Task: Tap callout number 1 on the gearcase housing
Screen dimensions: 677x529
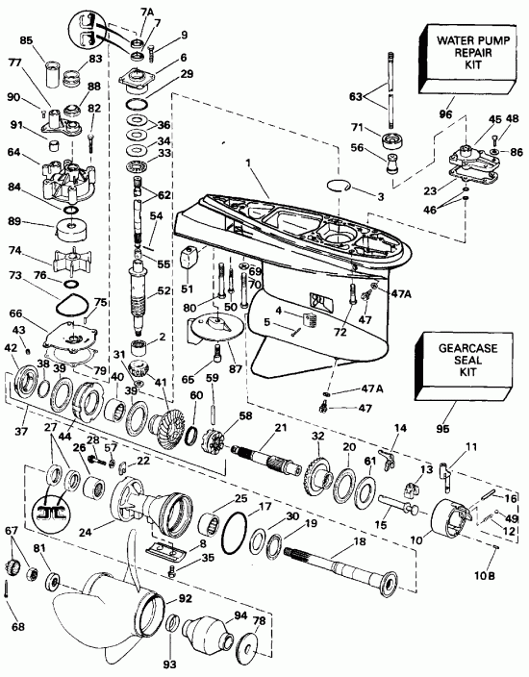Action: click(x=249, y=164)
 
